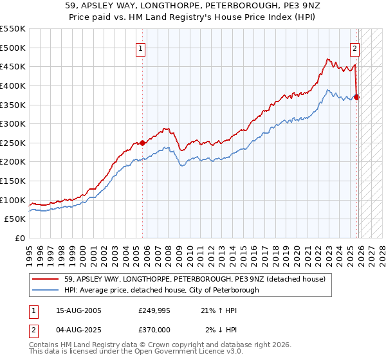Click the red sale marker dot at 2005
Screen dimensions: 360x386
click(x=142, y=143)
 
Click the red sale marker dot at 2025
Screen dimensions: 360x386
click(x=357, y=97)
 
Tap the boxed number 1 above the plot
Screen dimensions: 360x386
click(x=140, y=47)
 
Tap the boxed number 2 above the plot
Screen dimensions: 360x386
click(x=354, y=47)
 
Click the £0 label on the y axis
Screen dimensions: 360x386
click(x=19, y=238)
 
